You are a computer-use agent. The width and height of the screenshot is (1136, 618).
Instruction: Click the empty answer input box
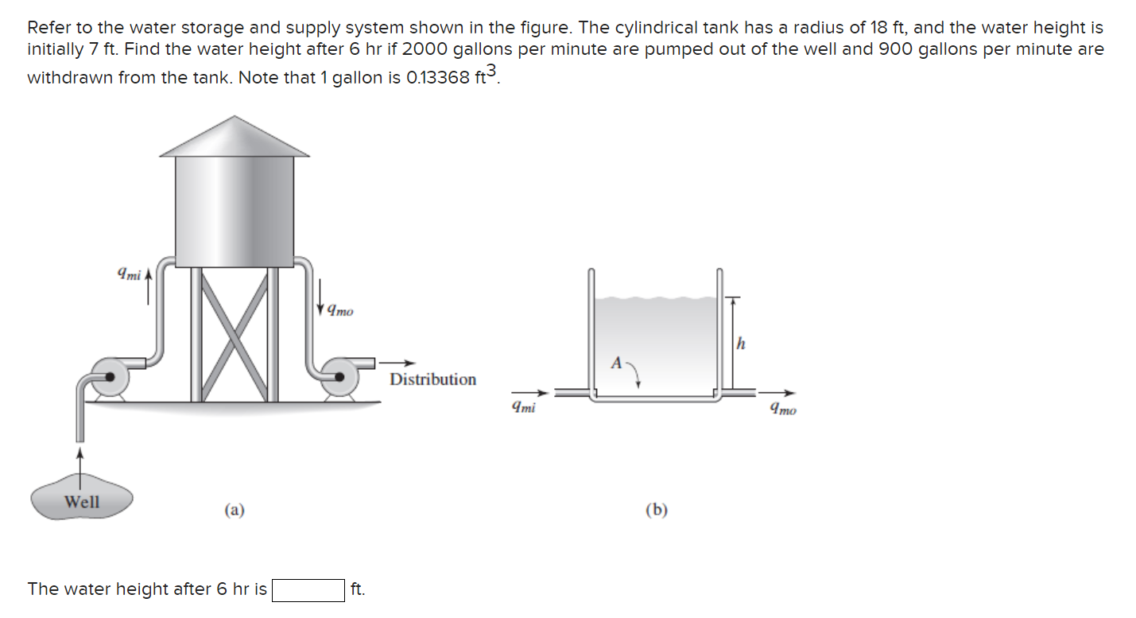(x=308, y=590)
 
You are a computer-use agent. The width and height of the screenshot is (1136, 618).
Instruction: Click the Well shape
(x=82, y=502)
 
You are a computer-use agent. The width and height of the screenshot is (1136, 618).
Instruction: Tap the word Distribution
(x=432, y=379)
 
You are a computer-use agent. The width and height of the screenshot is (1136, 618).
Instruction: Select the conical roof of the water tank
(x=235, y=138)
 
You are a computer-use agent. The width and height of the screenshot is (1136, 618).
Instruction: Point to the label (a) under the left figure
(x=234, y=510)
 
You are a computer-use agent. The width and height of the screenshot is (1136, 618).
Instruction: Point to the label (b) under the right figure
(x=656, y=510)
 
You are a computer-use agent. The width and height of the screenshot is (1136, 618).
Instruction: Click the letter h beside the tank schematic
(x=741, y=344)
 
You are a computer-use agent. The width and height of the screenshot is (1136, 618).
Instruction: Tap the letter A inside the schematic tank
(x=616, y=363)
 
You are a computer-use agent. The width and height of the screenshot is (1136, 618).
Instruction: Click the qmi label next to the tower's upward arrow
(x=128, y=275)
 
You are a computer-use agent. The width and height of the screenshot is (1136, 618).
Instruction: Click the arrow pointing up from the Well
(x=79, y=462)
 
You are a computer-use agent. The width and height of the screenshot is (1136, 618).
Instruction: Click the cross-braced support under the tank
(x=235, y=334)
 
